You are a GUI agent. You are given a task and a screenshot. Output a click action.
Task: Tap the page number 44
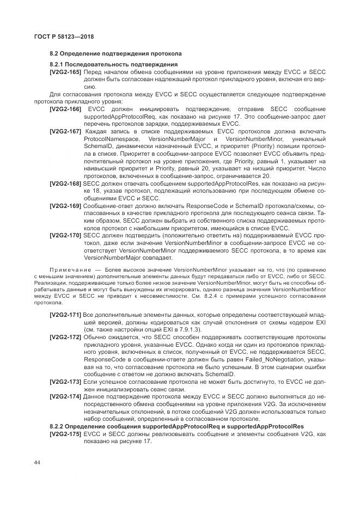coord(37,463)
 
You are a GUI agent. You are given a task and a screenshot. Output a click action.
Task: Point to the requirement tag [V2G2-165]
coord(65,72)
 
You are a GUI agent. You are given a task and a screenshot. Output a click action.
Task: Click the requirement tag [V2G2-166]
coord(65,109)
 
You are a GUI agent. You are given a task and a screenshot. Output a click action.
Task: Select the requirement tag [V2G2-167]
coord(65,132)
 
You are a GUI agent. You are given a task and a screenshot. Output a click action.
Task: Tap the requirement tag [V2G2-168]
coord(65,185)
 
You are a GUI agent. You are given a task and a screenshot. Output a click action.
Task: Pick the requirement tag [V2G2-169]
coord(65,206)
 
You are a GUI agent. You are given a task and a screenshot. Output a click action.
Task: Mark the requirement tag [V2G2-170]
coord(65,236)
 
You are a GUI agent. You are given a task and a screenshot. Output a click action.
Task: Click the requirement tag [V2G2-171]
coord(65,316)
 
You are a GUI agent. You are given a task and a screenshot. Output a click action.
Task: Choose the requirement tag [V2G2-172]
coord(65,338)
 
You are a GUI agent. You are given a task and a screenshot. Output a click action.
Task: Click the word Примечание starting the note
coord(68,270)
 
